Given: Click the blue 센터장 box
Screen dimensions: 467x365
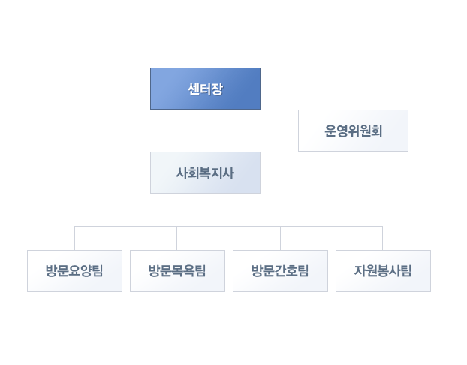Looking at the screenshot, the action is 205,89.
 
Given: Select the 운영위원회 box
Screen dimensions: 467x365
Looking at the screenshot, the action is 353,131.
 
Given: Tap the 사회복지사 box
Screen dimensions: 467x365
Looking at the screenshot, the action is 205,173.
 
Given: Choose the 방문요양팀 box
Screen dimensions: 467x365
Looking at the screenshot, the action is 74,271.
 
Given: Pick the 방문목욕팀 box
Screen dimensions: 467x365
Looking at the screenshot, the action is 177,271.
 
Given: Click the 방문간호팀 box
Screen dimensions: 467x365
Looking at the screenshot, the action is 280,271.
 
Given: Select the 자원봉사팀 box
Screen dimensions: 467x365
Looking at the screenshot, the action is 384,271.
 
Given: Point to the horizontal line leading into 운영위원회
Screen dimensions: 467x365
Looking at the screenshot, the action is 252,131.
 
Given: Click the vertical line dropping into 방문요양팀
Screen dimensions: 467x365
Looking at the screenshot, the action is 75,238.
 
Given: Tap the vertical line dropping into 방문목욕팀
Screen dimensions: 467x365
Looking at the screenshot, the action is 177,238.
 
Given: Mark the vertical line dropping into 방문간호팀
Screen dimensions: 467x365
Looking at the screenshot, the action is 280,238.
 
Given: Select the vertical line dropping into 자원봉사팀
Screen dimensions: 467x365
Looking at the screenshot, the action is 382,238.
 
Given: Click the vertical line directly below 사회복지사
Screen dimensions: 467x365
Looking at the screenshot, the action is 206,210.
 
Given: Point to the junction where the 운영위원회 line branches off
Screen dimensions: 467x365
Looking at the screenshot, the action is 206,131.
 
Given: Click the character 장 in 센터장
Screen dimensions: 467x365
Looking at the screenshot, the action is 217,89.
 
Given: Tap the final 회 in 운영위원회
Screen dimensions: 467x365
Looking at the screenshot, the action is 376,131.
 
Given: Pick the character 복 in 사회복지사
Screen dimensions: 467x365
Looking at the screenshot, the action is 205,173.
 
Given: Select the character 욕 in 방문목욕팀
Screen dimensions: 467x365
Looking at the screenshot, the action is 188,271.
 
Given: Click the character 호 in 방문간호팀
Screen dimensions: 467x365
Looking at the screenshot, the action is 291,271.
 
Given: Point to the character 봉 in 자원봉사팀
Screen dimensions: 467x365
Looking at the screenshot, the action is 383,271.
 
